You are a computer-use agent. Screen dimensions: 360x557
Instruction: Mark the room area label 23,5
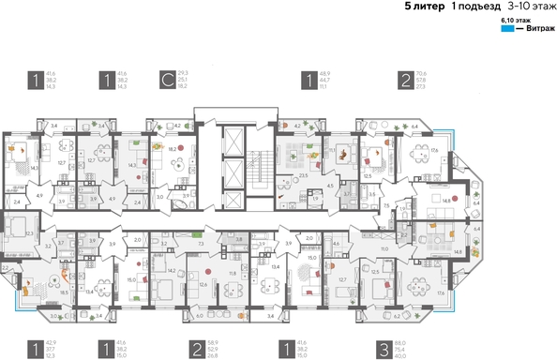[x=303, y=173]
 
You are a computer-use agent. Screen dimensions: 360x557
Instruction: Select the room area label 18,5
[x=63, y=292]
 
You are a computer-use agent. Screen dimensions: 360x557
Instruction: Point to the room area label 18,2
[x=173, y=147]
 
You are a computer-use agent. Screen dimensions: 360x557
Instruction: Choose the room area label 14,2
[x=172, y=270]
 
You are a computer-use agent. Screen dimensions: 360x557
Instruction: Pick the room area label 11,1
[x=332, y=148]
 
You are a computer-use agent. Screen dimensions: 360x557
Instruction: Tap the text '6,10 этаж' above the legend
[x=516, y=19]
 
